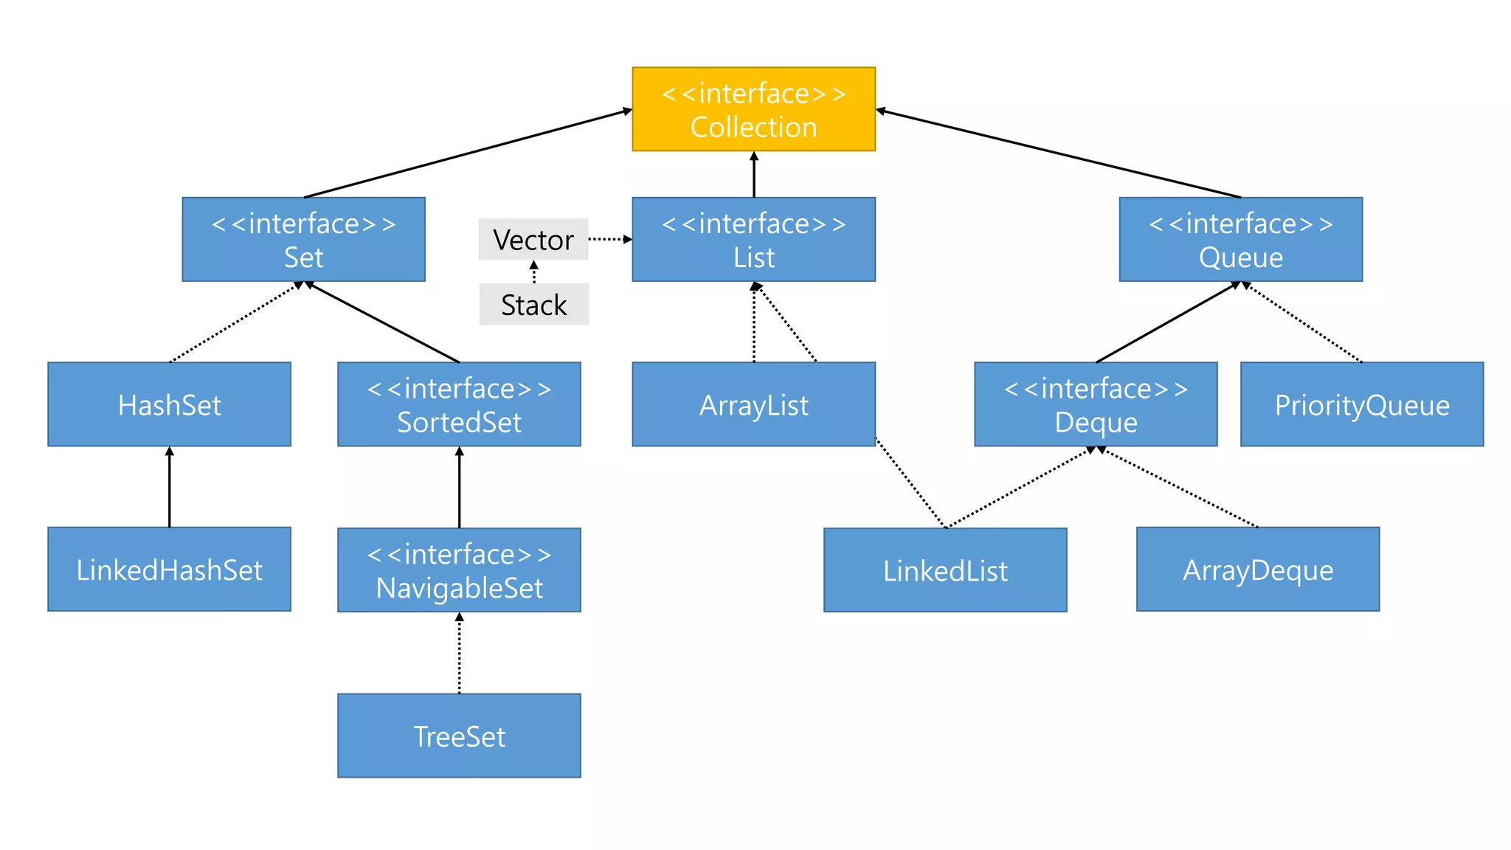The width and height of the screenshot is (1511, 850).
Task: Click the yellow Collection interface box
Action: pos(753,109)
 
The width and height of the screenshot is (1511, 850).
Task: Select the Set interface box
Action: pos(303,239)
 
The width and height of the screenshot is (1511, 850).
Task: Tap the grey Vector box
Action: pos(533,239)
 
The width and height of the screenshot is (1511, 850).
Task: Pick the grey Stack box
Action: pos(533,304)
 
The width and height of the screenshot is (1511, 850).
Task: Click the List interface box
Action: pos(753,239)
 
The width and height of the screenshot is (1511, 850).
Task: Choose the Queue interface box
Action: pos(1240,239)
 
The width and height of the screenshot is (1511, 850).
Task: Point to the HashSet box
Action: pos(169,404)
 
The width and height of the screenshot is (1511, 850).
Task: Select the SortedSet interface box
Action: pos(459,404)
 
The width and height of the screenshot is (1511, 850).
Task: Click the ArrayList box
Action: pos(753,404)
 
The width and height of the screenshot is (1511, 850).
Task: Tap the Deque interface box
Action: pos(1096,404)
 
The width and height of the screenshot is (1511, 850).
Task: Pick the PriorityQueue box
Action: pos(1361,404)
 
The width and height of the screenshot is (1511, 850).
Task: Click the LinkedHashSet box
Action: pos(169,569)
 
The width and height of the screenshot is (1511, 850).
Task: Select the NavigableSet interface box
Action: pos(459,570)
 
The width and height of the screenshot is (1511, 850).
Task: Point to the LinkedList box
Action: pos(945,570)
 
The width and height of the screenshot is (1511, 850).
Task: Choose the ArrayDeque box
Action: pos(1257,569)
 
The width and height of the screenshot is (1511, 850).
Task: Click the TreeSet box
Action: pos(459,736)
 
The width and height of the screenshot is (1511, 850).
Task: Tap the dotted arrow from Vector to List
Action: pos(609,239)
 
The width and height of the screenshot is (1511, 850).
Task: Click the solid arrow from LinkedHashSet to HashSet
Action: pos(169,487)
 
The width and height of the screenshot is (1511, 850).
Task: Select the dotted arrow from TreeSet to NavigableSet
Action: pos(459,653)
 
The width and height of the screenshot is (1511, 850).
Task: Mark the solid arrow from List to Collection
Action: pos(753,175)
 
